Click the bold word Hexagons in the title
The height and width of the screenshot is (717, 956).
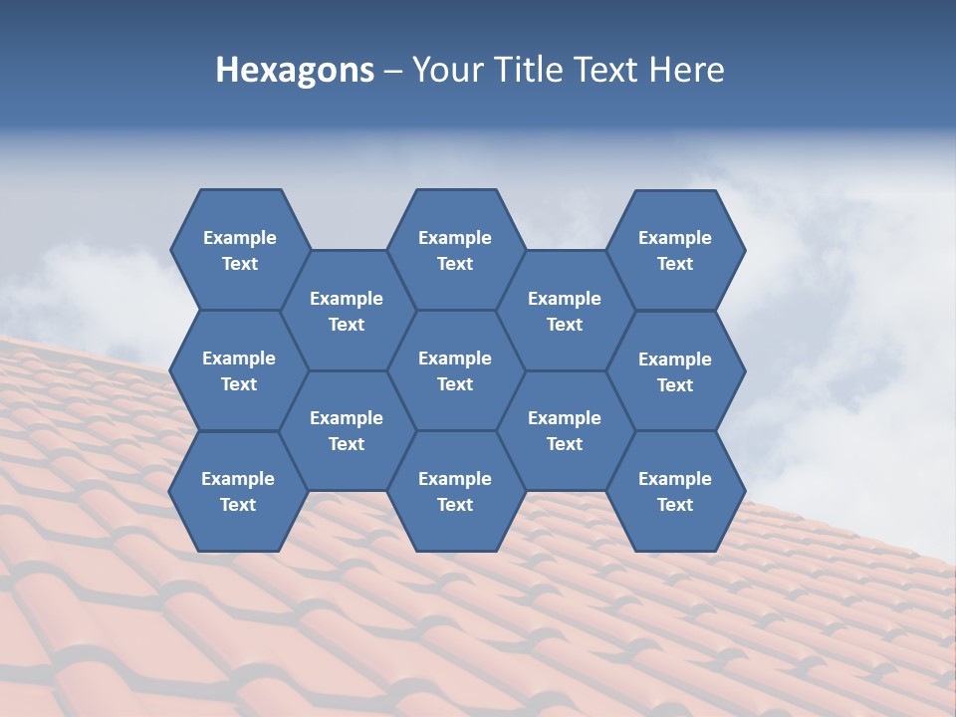(x=295, y=70)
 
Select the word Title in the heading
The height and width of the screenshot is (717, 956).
(x=530, y=70)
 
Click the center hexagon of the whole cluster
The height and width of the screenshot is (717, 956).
(x=455, y=370)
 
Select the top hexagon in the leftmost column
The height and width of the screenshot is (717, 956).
(x=239, y=250)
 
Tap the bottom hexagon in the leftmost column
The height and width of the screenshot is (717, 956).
(x=238, y=491)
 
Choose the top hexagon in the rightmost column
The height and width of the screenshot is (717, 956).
(x=675, y=250)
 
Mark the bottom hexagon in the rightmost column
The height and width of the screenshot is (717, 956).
(x=675, y=491)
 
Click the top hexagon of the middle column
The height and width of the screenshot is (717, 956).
(x=455, y=250)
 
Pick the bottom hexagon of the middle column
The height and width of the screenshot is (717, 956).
(x=455, y=491)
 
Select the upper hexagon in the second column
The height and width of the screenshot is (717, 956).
(x=347, y=311)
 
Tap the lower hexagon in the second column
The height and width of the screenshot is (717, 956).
(x=347, y=430)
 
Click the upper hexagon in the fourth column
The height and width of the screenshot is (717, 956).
(x=565, y=311)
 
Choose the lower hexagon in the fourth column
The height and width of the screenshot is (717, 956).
(x=565, y=430)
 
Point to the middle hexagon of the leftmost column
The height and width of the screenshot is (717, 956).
(x=239, y=370)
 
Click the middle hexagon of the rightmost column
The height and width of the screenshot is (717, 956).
(x=675, y=371)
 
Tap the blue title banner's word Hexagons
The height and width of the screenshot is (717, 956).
(x=295, y=70)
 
